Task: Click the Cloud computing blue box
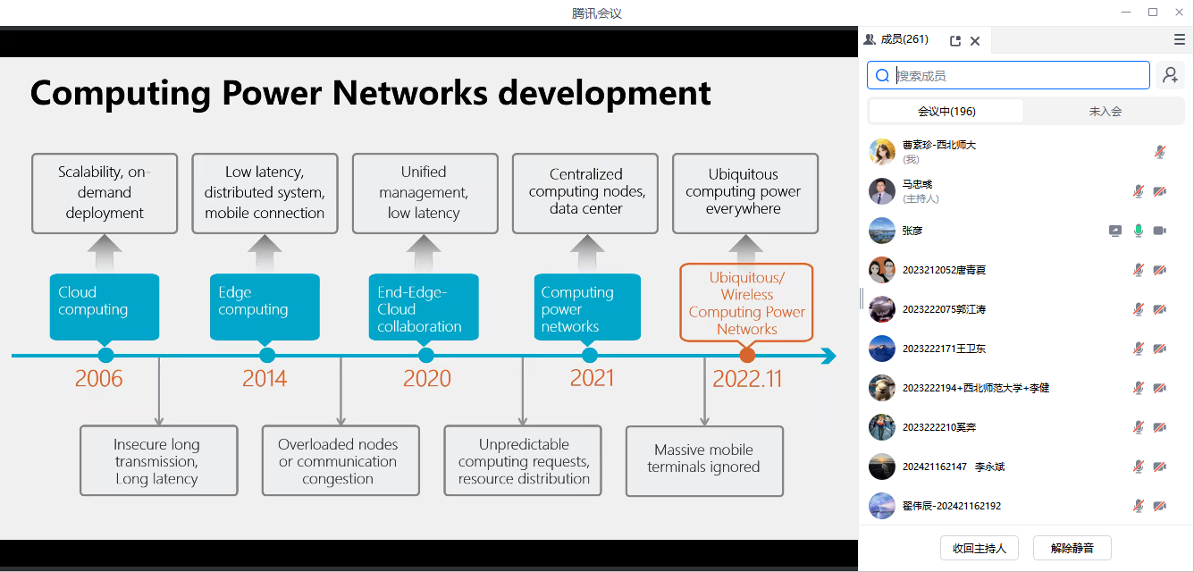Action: [x=105, y=307]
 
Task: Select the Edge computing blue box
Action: [x=265, y=307]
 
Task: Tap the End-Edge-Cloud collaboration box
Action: [x=424, y=307]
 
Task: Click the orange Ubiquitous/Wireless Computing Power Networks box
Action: [x=746, y=302]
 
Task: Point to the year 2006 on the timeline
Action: [x=98, y=378]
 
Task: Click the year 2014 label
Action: [x=265, y=378]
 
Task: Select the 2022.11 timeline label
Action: [x=747, y=379]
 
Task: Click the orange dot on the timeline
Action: [x=747, y=355]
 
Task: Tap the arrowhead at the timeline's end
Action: [x=828, y=356]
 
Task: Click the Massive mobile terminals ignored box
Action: [x=704, y=460]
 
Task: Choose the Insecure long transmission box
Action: [x=159, y=460]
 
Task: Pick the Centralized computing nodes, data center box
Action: [x=585, y=194]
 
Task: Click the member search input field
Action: [x=1008, y=75]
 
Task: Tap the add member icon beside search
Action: [x=1171, y=75]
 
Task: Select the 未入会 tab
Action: [x=1105, y=112]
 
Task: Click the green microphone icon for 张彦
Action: [x=1138, y=231]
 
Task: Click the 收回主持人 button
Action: [x=980, y=548]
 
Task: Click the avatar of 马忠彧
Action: [x=881, y=191]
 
